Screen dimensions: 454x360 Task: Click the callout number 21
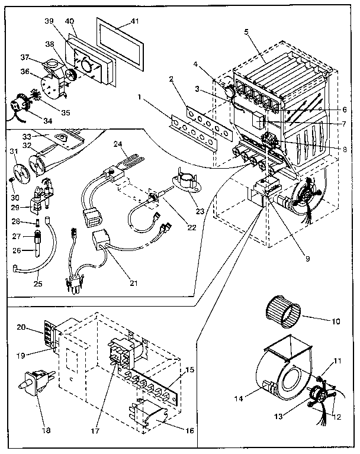coord(134,283)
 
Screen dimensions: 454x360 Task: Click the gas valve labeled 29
coord(42,199)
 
